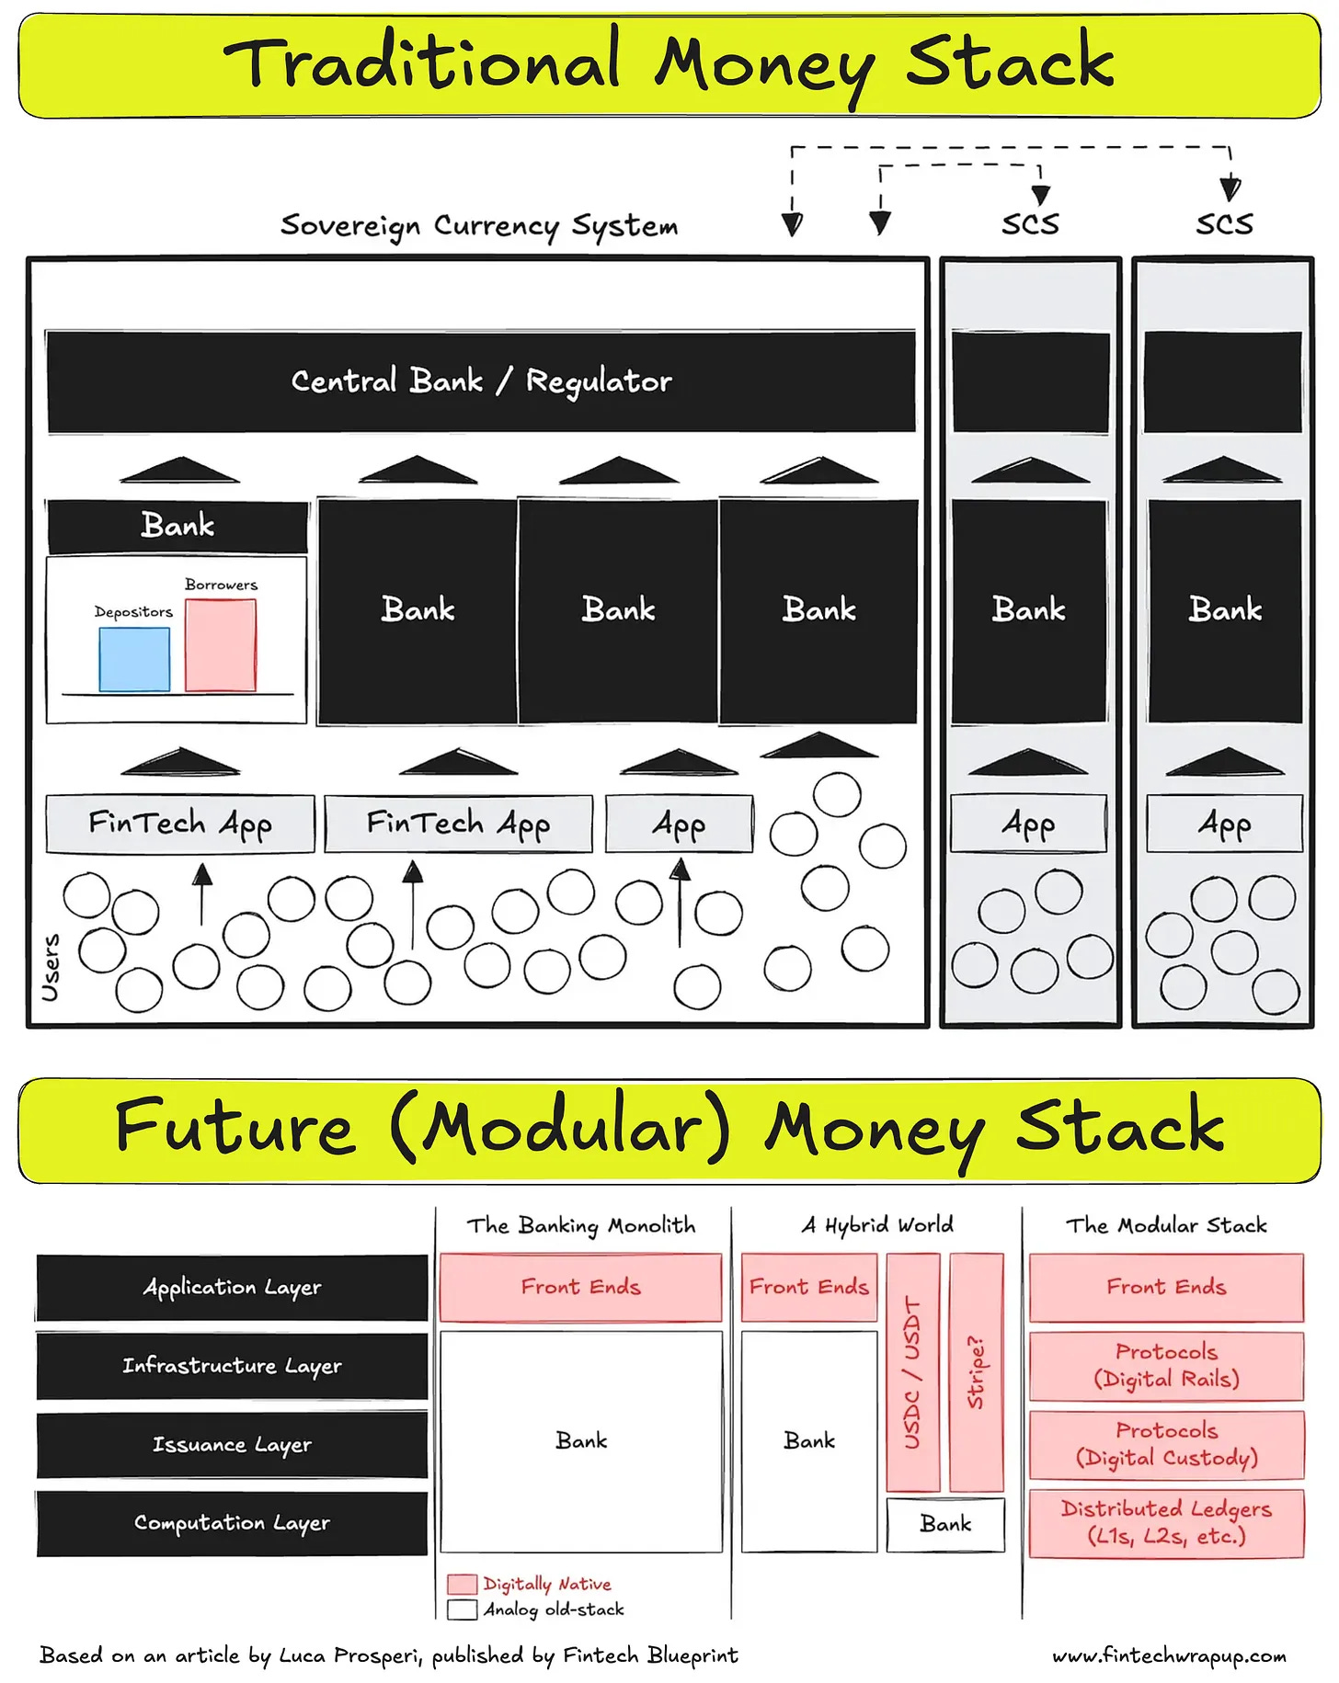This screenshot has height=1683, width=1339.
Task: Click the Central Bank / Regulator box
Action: tap(480, 381)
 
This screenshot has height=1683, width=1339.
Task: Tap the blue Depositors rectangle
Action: tap(134, 659)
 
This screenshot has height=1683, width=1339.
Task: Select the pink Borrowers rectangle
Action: tap(221, 645)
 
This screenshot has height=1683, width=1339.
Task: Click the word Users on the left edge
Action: tap(51, 968)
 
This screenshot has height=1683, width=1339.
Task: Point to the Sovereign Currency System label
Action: tap(479, 225)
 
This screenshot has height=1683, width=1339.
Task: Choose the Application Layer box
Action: tap(232, 1287)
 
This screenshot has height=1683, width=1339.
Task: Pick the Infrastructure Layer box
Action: tap(232, 1366)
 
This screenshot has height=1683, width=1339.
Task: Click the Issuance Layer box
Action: tap(232, 1445)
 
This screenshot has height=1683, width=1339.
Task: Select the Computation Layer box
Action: tap(232, 1523)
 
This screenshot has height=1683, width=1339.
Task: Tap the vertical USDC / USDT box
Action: tap(912, 1372)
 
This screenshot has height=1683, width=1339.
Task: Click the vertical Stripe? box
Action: tap(976, 1372)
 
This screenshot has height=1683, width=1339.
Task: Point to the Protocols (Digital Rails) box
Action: tap(1166, 1366)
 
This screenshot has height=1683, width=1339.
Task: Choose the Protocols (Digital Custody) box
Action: tap(1166, 1444)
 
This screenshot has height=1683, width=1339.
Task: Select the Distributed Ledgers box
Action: tap(1166, 1523)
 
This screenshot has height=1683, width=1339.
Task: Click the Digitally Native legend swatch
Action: tap(462, 1584)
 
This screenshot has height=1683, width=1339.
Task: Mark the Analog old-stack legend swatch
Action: tap(462, 1609)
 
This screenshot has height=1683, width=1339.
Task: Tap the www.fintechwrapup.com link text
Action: tap(1169, 1655)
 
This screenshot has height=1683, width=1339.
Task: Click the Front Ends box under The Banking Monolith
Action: tap(580, 1287)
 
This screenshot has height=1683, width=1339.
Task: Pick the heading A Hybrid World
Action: tap(877, 1225)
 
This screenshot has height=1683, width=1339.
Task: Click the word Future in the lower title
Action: tap(235, 1129)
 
